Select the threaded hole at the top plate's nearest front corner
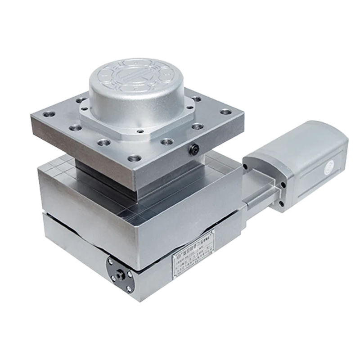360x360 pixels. tap(133, 159)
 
